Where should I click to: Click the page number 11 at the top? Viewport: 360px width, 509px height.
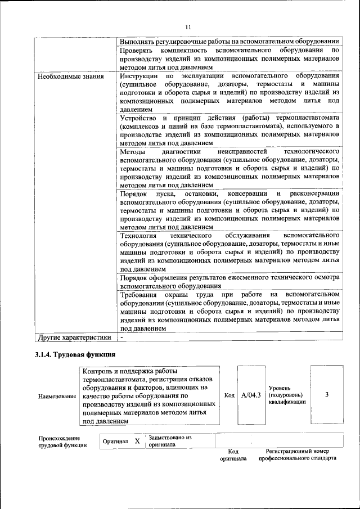coord(188,27)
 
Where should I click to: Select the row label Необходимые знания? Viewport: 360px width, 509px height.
coord(70,75)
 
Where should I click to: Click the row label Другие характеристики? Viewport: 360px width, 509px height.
coord(74,337)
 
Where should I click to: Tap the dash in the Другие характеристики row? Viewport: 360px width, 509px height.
coord(121,337)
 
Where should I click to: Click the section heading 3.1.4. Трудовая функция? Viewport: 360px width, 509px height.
coord(75,355)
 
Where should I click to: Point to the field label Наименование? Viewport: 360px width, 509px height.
coord(57,397)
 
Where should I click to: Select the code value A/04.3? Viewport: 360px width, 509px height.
coord(251,395)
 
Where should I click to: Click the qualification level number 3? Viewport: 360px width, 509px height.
coord(327,395)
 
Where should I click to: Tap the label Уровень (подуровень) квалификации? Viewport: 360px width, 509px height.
coord(287,395)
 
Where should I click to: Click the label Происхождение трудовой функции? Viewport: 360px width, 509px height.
coord(62,442)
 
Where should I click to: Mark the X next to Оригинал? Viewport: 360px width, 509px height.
coord(137,442)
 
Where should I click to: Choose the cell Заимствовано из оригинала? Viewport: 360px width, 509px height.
coord(170,441)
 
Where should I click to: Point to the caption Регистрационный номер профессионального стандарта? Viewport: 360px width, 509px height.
coord(298,455)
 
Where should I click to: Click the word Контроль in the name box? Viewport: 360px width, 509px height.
coord(98,371)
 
